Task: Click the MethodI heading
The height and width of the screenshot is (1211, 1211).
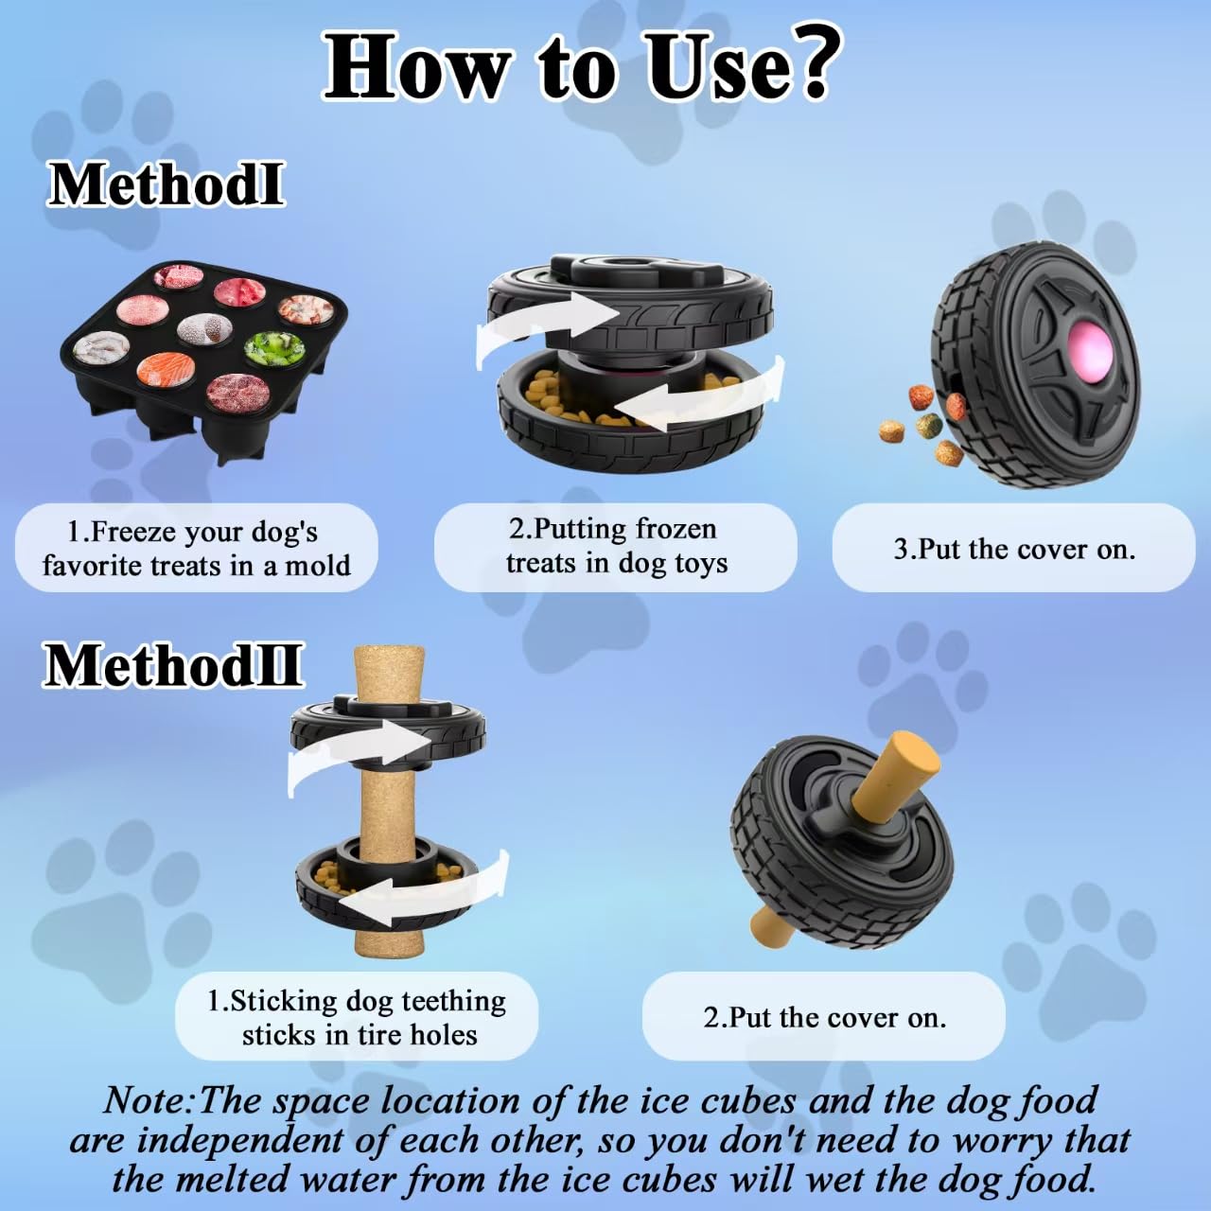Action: click(x=166, y=184)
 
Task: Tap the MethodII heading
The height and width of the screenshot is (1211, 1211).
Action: click(x=173, y=665)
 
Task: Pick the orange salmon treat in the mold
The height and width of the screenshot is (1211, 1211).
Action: click(x=166, y=369)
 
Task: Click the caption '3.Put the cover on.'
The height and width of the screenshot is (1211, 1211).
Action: click(x=1013, y=549)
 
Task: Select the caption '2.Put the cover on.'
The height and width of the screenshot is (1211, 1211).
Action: click(x=824, y=1017)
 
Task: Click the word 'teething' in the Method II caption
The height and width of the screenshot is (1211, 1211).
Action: click(x=453, y=1001)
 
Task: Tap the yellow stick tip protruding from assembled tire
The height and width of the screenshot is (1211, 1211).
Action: click(x=908, y=766)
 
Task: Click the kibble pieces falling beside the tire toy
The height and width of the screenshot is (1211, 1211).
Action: click(x=922, y=421)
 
